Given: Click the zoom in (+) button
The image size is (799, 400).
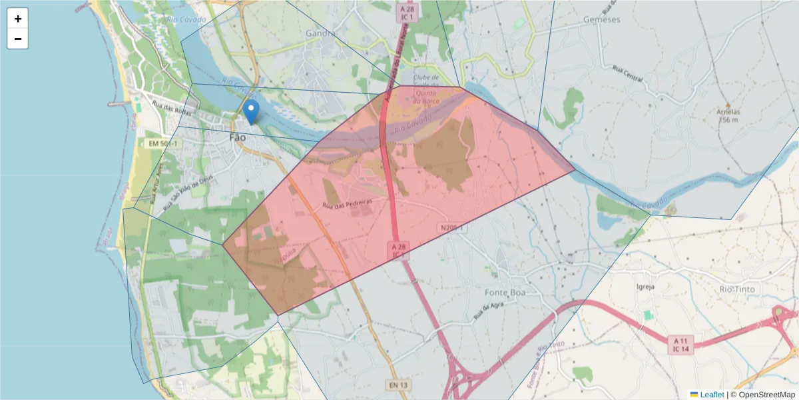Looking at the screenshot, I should point(18,19).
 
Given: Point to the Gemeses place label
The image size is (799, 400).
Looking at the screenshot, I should point(601,19).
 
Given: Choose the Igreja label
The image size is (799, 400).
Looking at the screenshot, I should point(646,287).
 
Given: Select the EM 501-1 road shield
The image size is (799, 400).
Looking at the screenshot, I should point(162,143).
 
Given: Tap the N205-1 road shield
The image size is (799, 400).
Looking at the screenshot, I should point(451,228).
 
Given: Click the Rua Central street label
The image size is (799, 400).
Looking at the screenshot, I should point(627,75).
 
